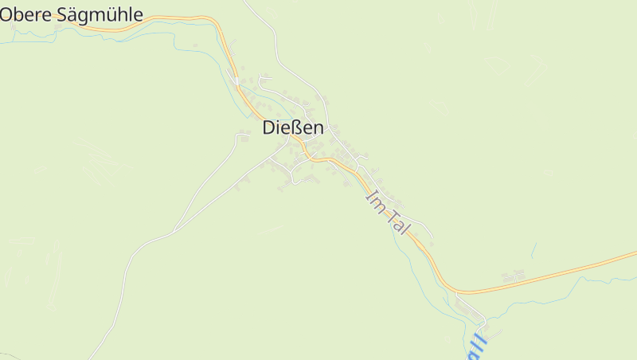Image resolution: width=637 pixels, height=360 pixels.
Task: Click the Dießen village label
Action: tap(293, 127)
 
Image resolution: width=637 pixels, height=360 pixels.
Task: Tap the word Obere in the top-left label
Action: tap(24, 14)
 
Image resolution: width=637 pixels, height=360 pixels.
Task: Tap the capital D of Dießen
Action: tap(269, 127)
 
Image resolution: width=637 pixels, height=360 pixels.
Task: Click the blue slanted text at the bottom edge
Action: tap(476, 346)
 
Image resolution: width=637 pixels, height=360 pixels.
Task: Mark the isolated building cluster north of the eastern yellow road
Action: tap(514, 276)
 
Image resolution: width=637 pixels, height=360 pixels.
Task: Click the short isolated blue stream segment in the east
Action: tap(533, 251)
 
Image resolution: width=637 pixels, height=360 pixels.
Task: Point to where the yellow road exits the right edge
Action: tap(635, 254)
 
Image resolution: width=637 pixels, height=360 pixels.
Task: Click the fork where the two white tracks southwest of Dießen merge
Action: tap(174, 232)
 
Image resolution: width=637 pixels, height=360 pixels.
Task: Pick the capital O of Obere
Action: tap(6, 14)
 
